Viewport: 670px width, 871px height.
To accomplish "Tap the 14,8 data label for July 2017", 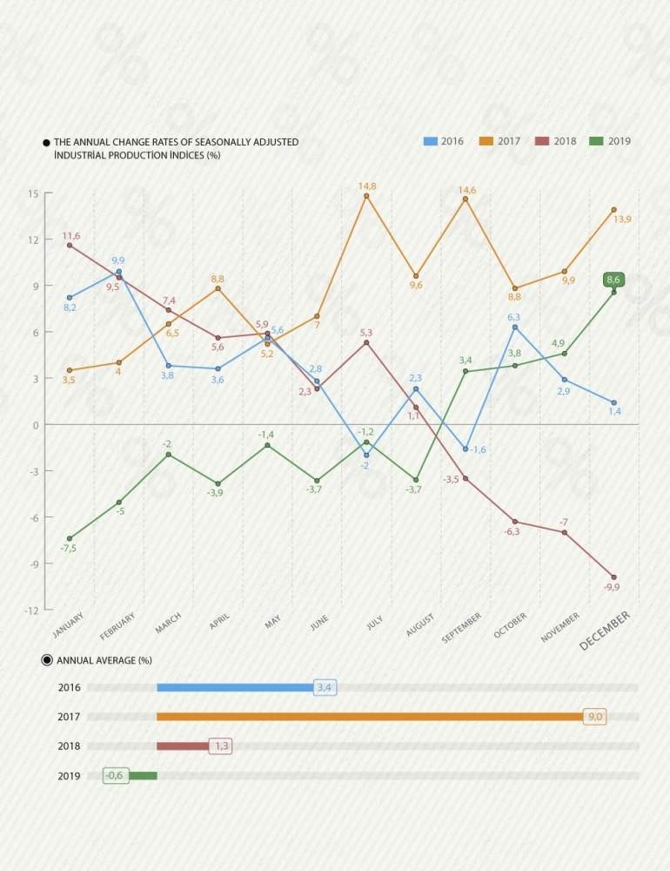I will click(367, 186).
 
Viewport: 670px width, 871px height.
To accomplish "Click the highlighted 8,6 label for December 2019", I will click(613, 280).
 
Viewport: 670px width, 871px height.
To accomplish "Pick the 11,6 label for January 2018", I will click(70, 236).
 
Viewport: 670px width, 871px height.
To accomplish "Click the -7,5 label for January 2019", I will click(69, 548).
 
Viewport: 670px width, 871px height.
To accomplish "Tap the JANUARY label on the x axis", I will click(69, 625).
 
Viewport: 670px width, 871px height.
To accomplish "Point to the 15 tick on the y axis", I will click(33, 193).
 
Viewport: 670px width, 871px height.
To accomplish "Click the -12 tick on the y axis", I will click(31, 610).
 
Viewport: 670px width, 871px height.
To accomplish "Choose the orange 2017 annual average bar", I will click(370, 717).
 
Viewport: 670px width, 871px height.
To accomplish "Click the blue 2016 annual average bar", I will click(235, 687).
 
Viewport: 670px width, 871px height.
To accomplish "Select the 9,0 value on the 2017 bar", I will click(595, 717).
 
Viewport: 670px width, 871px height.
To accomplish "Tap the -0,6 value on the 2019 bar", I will click(116, 776).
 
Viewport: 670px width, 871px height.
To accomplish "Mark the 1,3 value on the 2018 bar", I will click(220, 746).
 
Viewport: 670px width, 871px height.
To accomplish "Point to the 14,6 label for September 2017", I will click(467, 190).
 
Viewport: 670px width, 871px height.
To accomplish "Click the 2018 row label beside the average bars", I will click(69, 746).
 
